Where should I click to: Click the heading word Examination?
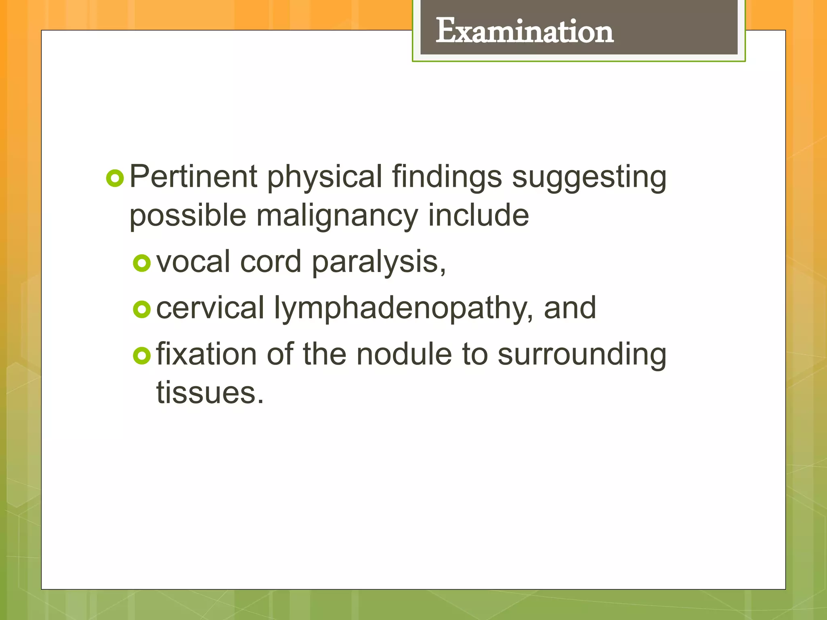pos(524,31)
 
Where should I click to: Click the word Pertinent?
pos(193,177)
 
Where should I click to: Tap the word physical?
pos(324,177)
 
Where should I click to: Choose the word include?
pos(478,215)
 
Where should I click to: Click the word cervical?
pos(210,308)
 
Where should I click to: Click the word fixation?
pos(206,354)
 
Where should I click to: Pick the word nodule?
pos(404,354)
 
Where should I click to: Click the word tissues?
pos(210,392)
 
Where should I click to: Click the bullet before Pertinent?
pos(115,178)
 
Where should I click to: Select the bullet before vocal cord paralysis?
pos(142,263)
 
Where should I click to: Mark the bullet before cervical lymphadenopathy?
pos(142,310)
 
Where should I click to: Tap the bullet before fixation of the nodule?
pos(142,356)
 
